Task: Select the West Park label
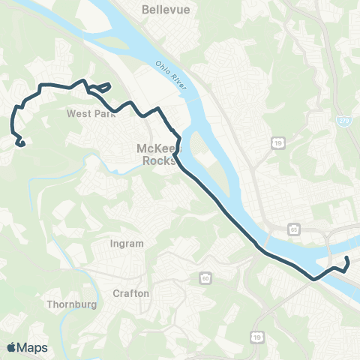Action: [x=88, y=115]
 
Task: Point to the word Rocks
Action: [x=160, y=160]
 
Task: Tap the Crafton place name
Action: [x=130, y=292]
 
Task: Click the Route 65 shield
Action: [x=295, y=228]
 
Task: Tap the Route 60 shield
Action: [x=205, y=279]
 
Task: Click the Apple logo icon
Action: [x=12, y=347]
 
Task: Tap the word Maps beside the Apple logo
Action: [x=32, y=347]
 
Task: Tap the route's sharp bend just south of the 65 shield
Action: [x=315, y=278]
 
